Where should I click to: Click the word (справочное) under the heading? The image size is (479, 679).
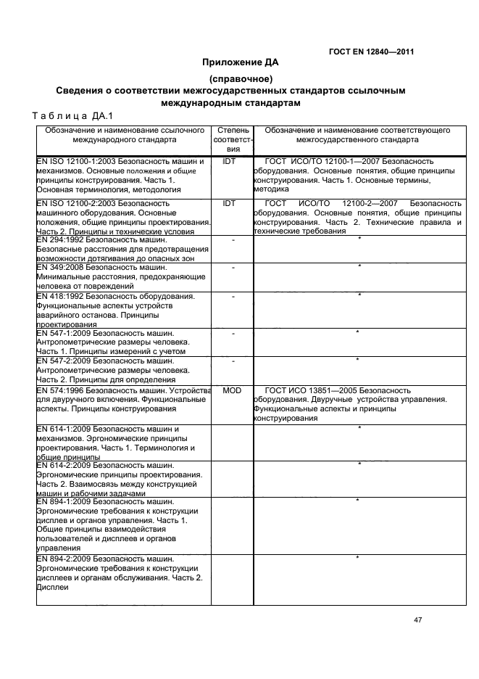(240, 78)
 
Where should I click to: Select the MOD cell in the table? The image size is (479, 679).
(231, 390)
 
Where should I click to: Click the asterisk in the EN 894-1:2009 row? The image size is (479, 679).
(359, 501)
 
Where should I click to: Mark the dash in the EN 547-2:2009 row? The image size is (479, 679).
(233, 361)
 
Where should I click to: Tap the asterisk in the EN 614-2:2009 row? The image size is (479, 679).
(359, 464)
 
